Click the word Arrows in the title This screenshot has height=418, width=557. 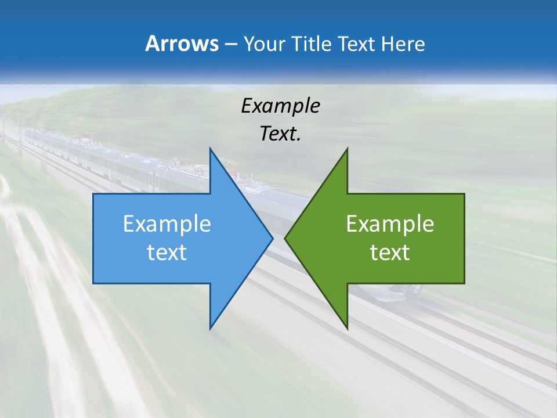click(181, 44)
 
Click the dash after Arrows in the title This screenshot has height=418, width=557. click(230, 45)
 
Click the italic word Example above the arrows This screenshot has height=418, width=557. click(280, 106)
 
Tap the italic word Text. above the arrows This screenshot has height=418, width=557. click(280, 134)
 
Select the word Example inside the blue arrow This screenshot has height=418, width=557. click(167, 224)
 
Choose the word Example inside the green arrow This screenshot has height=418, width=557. click(390, 224)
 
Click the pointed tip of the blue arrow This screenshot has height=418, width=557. click(273, 238)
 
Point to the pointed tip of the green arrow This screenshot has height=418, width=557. click(285, 238)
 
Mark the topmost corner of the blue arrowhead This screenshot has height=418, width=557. click(210, 148)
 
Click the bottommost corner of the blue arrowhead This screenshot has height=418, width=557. click(210, 329)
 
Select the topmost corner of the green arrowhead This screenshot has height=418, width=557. click(347, 148)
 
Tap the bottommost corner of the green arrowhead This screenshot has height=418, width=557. click(347, 329)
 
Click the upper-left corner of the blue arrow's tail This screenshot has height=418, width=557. click(93, 194)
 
